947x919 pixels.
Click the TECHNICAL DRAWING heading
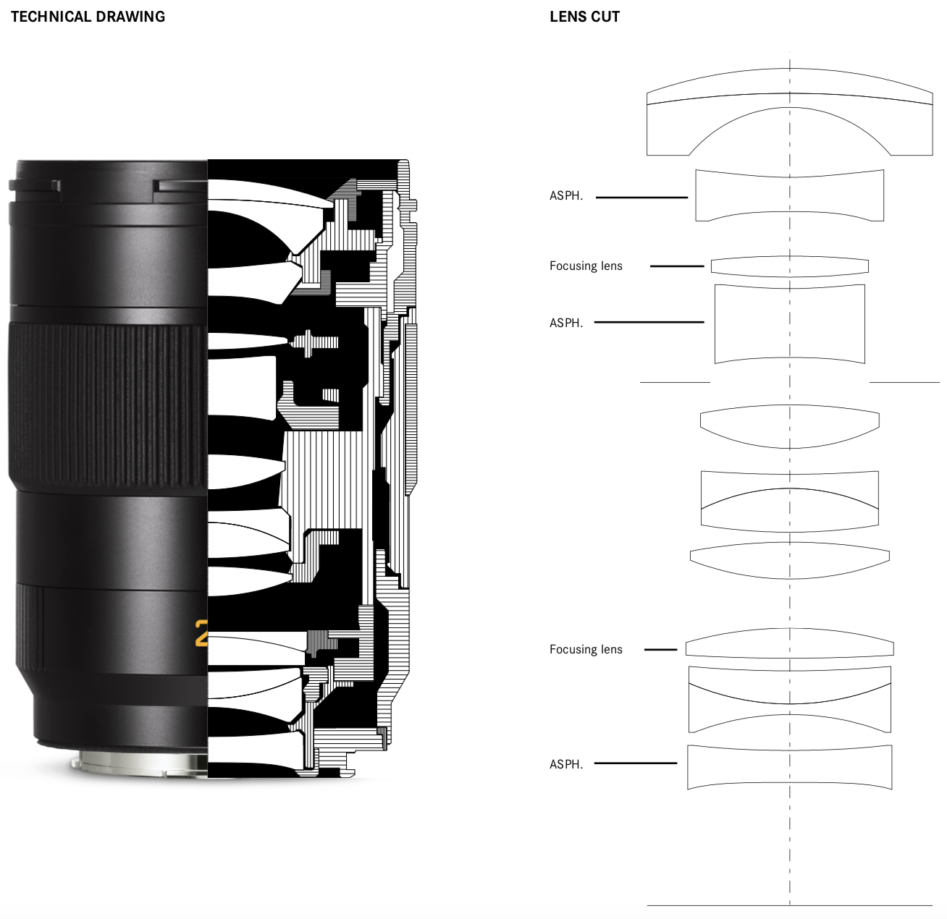tap(88, 17)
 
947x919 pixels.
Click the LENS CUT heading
tap(584, 17)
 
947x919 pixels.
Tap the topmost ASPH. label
tap(566, 195)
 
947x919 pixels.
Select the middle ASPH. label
tap(566, 323)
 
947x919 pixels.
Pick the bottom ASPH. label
tap(566, 764)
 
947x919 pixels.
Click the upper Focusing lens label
tap(586, 266)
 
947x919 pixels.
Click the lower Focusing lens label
tap(586, 649)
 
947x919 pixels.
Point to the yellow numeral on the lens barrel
tap(201, 632)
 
